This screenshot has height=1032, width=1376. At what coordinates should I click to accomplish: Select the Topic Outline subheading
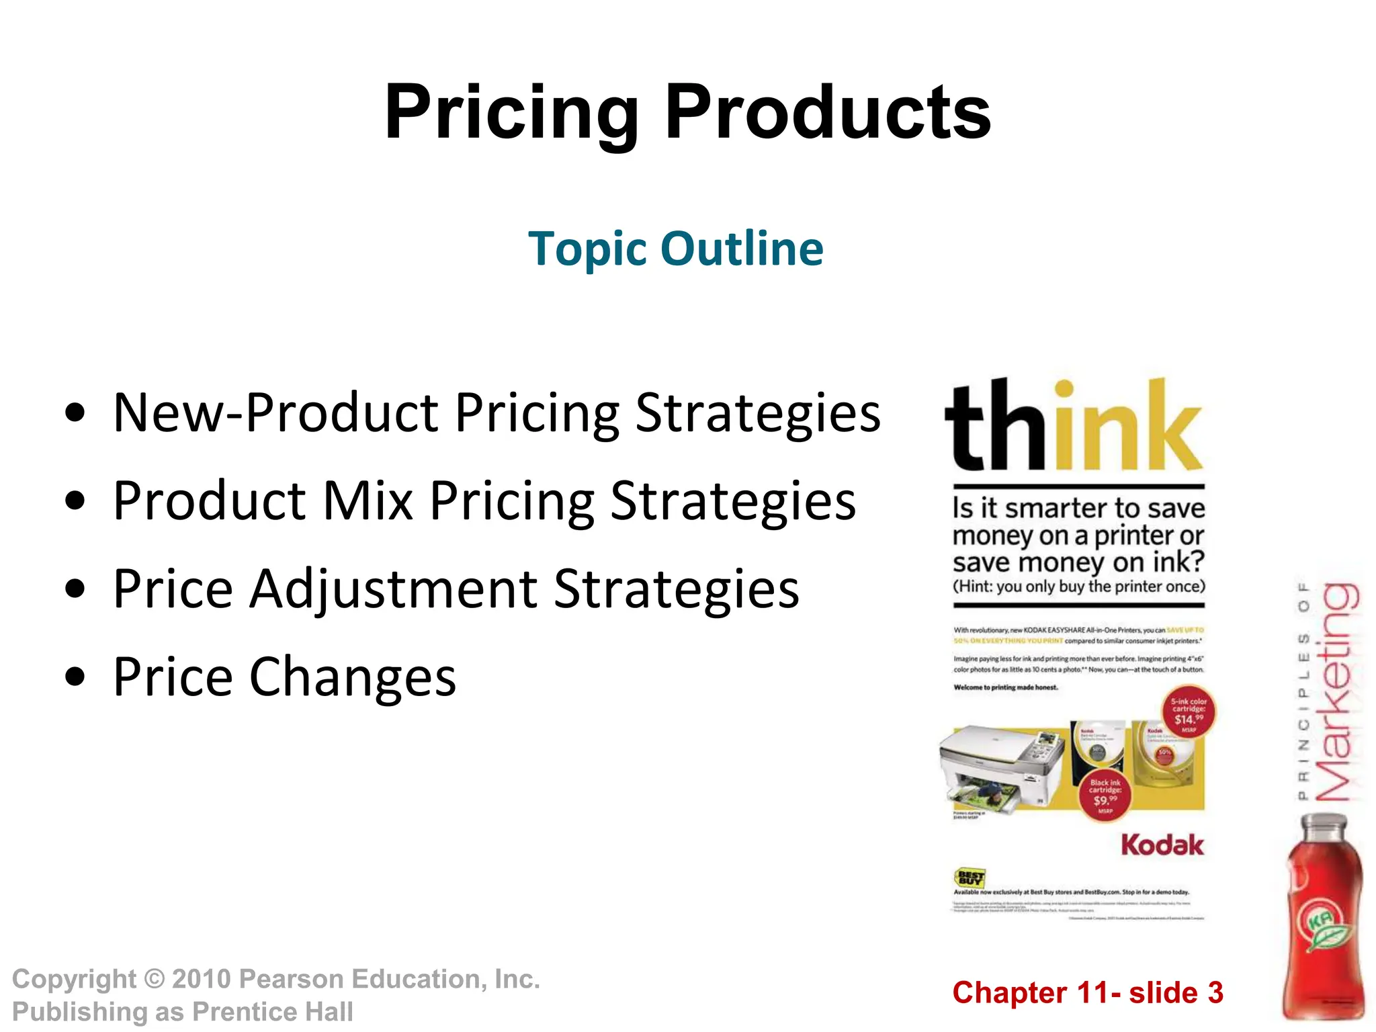[675, 249]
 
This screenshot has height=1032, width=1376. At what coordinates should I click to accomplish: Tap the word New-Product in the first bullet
[275, 413]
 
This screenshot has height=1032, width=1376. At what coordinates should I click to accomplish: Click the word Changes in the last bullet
[353, 677]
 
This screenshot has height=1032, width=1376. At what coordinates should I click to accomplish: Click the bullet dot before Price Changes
[75, 677]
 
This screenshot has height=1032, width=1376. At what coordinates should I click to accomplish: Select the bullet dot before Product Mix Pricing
[75, 501]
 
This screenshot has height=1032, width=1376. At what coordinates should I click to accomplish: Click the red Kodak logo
[1162, 845]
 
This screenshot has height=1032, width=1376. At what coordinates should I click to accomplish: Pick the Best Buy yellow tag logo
[970, 877]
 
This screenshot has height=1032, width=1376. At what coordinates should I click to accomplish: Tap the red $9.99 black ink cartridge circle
[1105, 795]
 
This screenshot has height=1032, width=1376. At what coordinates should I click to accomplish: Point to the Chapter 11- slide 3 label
[1087, 993]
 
